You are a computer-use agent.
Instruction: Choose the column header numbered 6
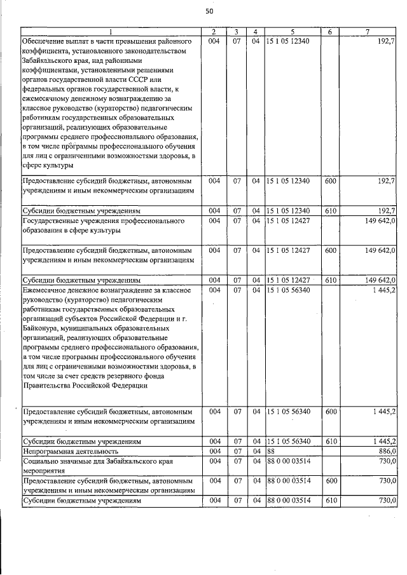point(329,32)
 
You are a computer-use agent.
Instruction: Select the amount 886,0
point(385,450)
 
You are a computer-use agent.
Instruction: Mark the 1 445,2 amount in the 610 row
point(383,440)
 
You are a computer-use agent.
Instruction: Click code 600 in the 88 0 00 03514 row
point(329,480)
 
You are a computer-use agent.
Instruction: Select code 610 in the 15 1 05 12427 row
point(329,280)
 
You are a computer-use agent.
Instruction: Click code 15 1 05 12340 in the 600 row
point(288,181)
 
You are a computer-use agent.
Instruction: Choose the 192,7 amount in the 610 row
point(386,210)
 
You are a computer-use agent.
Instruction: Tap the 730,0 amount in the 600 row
point(385,480)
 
